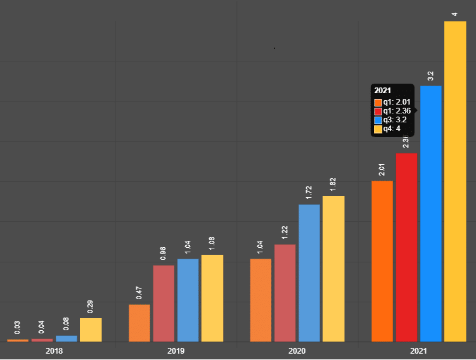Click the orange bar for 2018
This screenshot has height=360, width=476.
click(18, 340)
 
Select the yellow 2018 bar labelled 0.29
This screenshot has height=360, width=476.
click(91, 330)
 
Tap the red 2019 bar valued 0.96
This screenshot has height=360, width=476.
click(164, 303)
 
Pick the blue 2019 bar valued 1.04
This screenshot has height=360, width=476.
click(188, 300)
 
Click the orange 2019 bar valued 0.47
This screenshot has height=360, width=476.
click(139, 323)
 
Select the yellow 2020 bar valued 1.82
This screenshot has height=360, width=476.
click(333, 268)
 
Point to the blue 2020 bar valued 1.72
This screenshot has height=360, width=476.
click(309, 273)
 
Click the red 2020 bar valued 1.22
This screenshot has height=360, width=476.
click(285, 293)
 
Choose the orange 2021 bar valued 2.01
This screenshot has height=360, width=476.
click(382, 261)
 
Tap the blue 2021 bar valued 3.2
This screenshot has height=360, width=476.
click(431, 214)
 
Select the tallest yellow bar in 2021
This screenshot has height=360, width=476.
click(455, 181)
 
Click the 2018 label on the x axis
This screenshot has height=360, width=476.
click(55, 350)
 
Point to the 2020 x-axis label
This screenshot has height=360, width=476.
click(297, 350)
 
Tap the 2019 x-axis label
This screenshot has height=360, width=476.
click(176, 350)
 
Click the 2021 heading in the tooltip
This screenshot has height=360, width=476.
click(383, 90)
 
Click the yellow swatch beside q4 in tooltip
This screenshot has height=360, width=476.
click(378, 129)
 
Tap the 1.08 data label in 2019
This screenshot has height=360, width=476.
click(212, 243)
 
